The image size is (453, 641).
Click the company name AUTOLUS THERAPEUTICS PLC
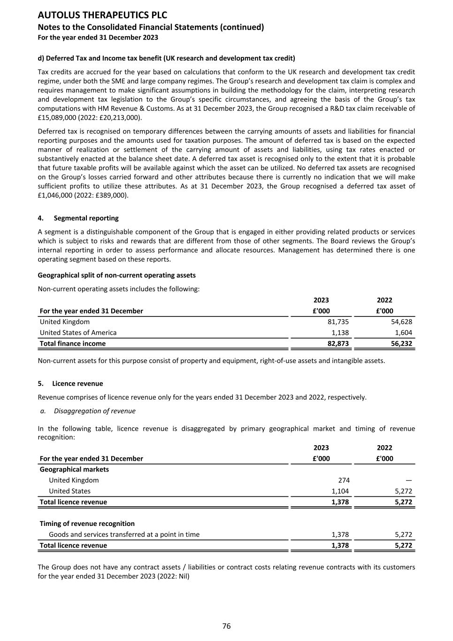point(102,15)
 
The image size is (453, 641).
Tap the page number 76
point(226,626)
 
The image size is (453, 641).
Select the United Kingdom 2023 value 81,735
point(338,322)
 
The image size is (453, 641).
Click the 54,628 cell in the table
point(401,322)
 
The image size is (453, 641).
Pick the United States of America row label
point(78,332)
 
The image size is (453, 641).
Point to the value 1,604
point(403,332)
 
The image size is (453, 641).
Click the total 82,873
point(338,343)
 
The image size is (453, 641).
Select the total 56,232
point(401,343)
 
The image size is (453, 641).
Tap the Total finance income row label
point(73,343)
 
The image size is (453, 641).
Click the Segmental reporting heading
point(86,218)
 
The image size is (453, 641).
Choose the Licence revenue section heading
point(77,383)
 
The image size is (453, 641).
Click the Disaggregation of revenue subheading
point(94,411)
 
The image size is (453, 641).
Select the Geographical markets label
point(74,469)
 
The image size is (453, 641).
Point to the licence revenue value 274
point(344,480)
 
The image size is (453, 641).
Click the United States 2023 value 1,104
point(340,491)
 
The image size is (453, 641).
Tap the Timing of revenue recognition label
point(87,524)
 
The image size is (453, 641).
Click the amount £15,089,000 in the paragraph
point(56,117)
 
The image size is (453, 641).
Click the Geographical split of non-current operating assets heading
point(116,275)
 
